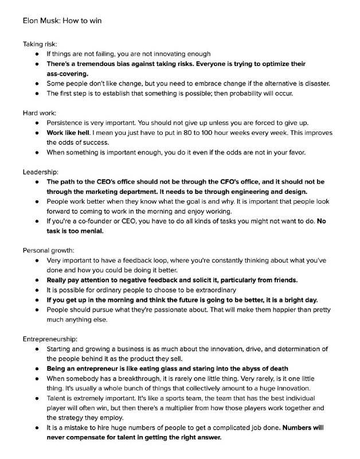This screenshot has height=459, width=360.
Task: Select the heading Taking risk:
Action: click(40, 44)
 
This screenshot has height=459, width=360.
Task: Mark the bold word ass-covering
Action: click(67, 73)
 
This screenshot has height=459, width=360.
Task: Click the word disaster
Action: click(313, 83)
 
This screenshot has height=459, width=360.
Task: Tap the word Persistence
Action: click(67, 123)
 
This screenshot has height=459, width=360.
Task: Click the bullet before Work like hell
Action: click(37, 133)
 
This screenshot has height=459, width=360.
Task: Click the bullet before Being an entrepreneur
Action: click(37, 368)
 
